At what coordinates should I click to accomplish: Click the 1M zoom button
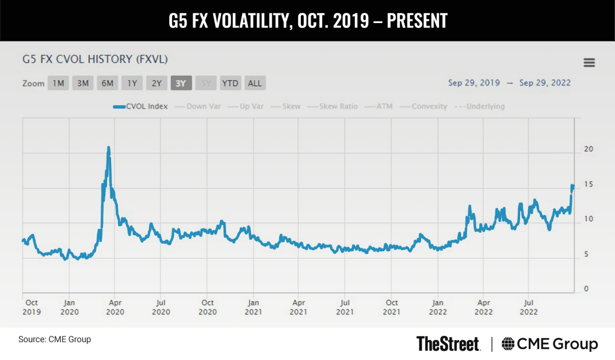pyautogui.click(x=58, y=83)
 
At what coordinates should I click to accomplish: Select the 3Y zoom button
pyautogui.click(x=181, y=83)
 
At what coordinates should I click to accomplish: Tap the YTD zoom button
pyautogui.click(x=230, y=83)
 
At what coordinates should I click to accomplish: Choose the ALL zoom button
pyautogui.click(x=255, y=83)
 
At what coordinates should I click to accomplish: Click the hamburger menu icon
pyautogui.click(x=589, y=63)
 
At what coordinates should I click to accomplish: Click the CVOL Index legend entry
pyautogui.click(x=141, y=107)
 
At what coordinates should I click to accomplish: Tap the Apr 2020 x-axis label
pyautogui.click(x=115, y=307)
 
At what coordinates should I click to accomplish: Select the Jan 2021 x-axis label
pyautogui.click(x=254, y=307)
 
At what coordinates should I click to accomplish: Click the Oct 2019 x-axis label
pyautogui.click(x=32, y=307)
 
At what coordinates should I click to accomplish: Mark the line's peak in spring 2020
pyautogui.click(x=108, y=148)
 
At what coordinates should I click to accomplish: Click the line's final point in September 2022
pyautogui.click(x=572, y=186)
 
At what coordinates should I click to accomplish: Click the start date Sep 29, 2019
pyautogui.click(x=469, y=83)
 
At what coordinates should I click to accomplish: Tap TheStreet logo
pyautogui.click(x=448, y=343)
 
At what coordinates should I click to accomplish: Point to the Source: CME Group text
pyautogui.click(x=54, y=339)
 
